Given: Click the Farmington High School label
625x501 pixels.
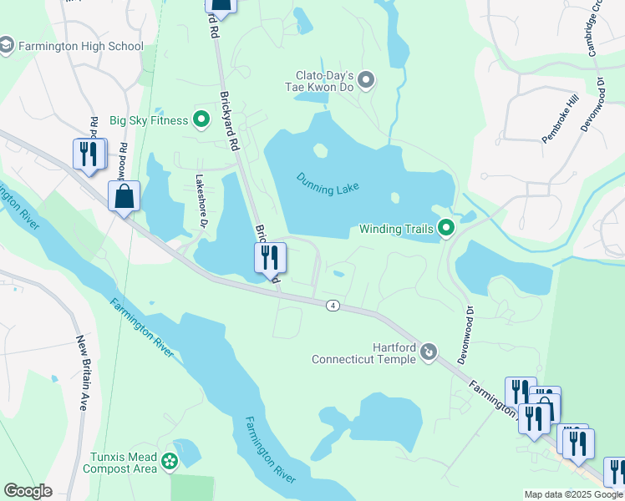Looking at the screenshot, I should [x=80, y=47].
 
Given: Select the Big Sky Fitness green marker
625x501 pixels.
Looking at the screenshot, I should [x=201, y=119].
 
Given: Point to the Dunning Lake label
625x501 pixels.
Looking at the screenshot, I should [x=328, y=183].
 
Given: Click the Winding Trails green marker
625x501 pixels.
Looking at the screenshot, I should [x=446, y=228].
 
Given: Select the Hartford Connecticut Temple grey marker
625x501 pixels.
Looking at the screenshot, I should [x=429, y=352].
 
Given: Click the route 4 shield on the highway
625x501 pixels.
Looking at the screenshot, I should [x=333, y=306].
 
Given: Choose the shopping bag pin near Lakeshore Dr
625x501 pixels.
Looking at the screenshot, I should [x=124, y=198].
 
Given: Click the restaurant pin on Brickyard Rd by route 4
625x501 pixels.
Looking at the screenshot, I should [x=269, y=257].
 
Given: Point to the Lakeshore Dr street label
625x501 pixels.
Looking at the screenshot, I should [x=201, y=200].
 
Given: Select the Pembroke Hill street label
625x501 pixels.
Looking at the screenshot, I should [x=560, y=119].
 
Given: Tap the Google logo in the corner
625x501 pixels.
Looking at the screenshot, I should [x=28, y=491].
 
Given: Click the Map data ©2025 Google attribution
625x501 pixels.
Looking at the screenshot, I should [x=573, y=494].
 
